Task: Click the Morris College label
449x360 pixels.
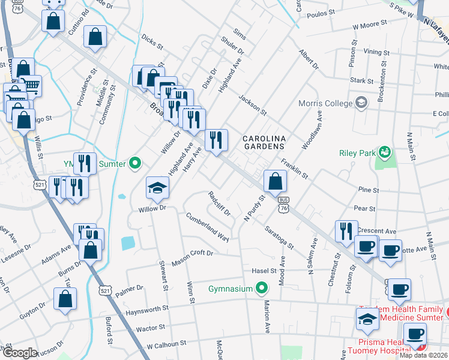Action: [x=325, y=103]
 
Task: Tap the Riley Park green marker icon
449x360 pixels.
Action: [x=385, y=153]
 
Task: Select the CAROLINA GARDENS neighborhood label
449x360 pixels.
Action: [x=264, y=142]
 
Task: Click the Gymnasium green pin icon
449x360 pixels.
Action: [x=261, y=289]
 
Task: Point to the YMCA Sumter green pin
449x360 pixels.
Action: [x=135, y=163]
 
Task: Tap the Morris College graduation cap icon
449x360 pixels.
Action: [x=361, y=103]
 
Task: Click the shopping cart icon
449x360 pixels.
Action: [x=30, y=85]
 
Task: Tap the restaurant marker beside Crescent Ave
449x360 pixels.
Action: [x=346, y=231]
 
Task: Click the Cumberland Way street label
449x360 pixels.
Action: [x=208, y=227]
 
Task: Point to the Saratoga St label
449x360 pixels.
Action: [x=280, y=237]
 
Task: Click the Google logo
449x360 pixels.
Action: [x=19, y=353]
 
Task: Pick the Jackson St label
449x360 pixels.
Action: [x=252, y=104]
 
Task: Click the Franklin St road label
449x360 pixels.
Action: [x=294, y=169]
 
